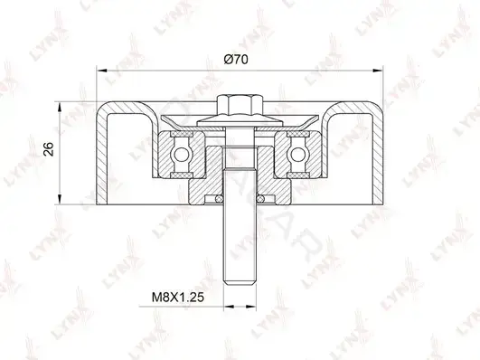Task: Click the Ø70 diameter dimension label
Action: pyautogui.click(x=236, y=60)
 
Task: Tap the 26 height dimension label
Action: pyautogui.click(x=49, y=149)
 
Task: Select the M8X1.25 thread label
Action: pyautogui.click(x=177, y=298)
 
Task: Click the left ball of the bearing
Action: pyautogui.click(x=180, y=154)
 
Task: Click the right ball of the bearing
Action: pyautogui.click(x=296, y=154)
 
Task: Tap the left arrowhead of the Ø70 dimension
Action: pyautogui.click(x=101, y=71)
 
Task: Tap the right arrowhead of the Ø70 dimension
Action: pyautogui.click(x=378, y=71)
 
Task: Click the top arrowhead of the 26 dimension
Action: pyautogui.click(x=60, y=107)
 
